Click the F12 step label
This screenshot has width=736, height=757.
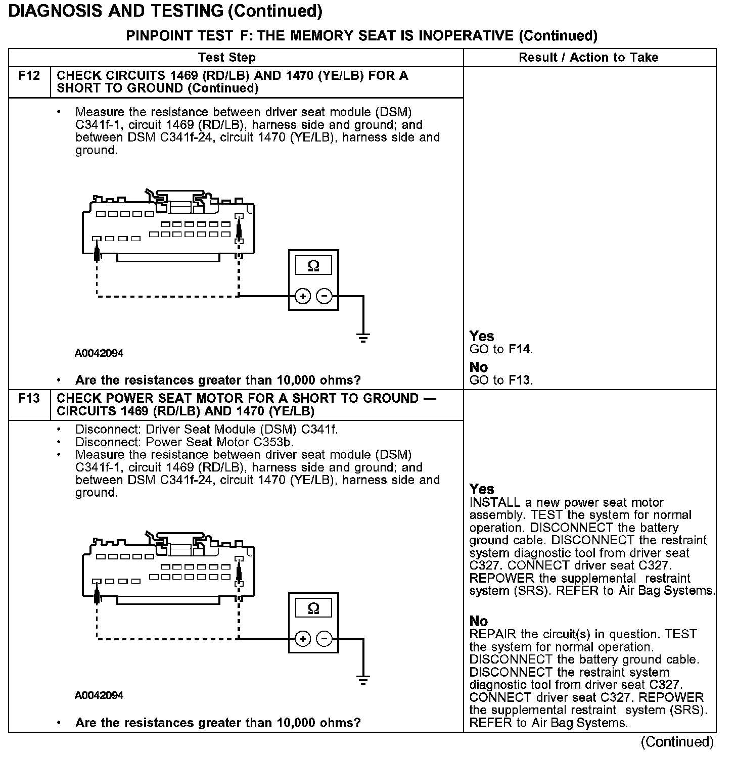pos(29,76)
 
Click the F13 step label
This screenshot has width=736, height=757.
pos(29,399)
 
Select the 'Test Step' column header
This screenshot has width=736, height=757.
pos(227,58)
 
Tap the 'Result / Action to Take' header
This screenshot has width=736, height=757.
pos(588,58)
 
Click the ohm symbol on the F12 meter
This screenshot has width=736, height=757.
pos(313,266)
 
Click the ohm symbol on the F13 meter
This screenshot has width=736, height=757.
pos(313,608)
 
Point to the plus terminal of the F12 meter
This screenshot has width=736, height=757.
pos(302,296)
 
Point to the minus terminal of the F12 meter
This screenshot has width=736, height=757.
pos(325,296)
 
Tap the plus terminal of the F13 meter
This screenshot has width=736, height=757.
pos(302,639)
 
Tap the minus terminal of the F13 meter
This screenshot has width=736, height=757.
pos(325,639)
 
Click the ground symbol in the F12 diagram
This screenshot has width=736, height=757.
pos(363,338)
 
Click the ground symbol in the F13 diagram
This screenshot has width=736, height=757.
pos(363,680)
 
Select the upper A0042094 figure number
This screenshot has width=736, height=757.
pos(99,353)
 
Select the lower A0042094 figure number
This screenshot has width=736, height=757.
pos(99,695)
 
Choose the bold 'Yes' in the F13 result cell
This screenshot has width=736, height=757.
pos(482,489)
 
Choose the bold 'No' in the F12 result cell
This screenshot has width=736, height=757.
pos(479,367)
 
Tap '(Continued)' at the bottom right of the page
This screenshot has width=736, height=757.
pos(677,742)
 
